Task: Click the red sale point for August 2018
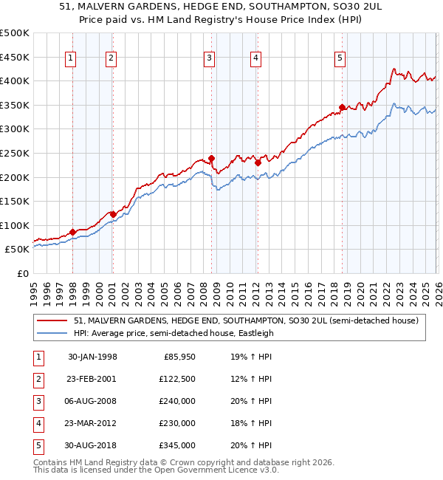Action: pos(342,108)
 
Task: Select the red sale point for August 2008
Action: pos(211,158)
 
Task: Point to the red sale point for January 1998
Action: pos(72,232)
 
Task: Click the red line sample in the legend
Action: pos(53,320)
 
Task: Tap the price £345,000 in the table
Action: pos(177,445)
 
